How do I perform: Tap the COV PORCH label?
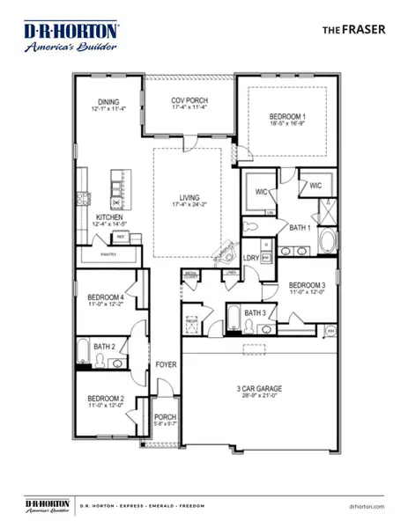point(189,101)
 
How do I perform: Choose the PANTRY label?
point(108,254)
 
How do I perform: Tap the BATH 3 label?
point(256,312)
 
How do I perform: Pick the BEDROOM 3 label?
point(308,285)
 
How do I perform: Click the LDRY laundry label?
point(251,257)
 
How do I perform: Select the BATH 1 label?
point(301,227)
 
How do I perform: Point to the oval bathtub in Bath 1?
point(325,242)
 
